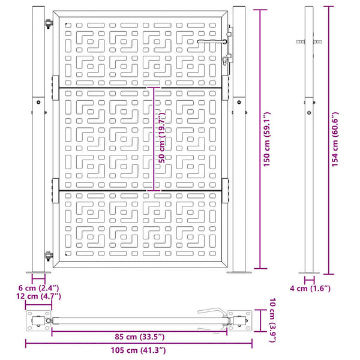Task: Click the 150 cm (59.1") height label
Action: click(x=267, y=139)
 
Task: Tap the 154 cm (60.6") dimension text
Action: click(x=335, y=139)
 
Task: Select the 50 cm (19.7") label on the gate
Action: click(x=162, y=137)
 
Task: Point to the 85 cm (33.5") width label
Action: click(x=140, y=337)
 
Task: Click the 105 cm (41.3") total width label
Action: click(x=138, y=350)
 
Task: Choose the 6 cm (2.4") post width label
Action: click(x=38, y=288)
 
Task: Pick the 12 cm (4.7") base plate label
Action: click(x=38, y=296)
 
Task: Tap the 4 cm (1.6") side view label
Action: click(x=310, y=289)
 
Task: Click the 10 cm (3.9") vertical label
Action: click(x=272, y=320)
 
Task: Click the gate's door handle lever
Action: click(x=212, y=41)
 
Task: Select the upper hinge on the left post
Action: click(x=49, y=23)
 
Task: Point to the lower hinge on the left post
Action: click(x=49, y=256)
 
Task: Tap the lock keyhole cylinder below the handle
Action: click(x=224, y=61)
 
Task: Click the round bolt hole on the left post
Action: click(x=38, y=102)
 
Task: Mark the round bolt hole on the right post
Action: click(x=239, y=102)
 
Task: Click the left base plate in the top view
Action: click(x=38, y=321)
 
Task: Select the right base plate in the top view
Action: click(x=239, y=321)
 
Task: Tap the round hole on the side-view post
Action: click(x=309, y=113)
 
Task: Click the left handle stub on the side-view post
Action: click(x=301, y=42)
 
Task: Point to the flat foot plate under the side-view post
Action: click(x=309, y=273)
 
